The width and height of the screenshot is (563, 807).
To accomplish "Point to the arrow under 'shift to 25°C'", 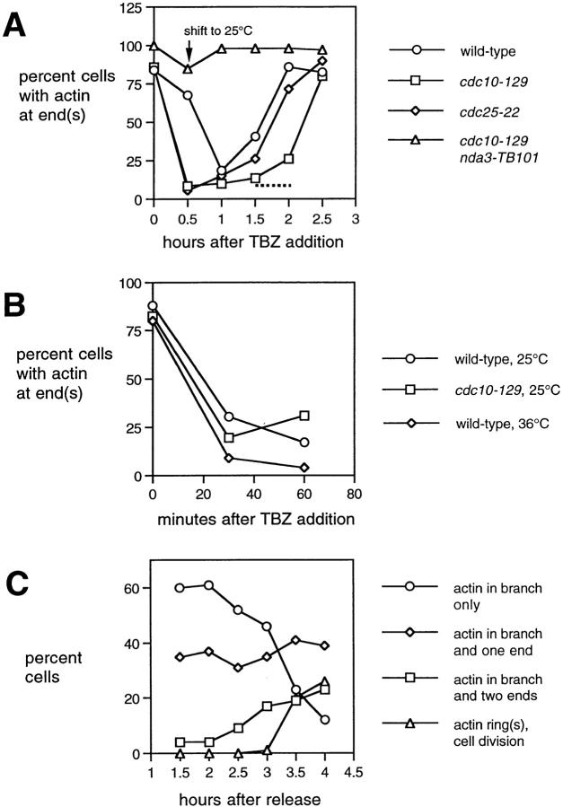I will tap(187, 51).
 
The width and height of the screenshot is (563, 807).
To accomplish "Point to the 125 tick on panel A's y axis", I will tap(132, 8).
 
